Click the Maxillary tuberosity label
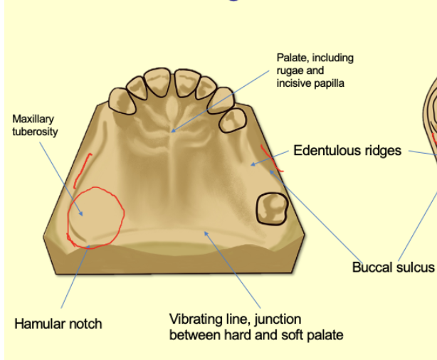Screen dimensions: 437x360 tap(35, 126)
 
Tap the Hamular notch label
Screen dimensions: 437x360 tap(58, 324)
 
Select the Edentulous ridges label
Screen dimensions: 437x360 tap(347, 151)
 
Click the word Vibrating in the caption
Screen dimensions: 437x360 tap(194, 319)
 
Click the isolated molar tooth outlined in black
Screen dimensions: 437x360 tap(271, 208)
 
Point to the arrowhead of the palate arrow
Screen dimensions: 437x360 tap(173, 131)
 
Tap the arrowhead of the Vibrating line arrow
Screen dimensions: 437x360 tap(205, 231)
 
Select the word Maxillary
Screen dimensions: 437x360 tap(33, 120)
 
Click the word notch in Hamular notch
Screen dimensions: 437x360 tap(86, 324)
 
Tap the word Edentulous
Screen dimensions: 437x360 tap(327, 151)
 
